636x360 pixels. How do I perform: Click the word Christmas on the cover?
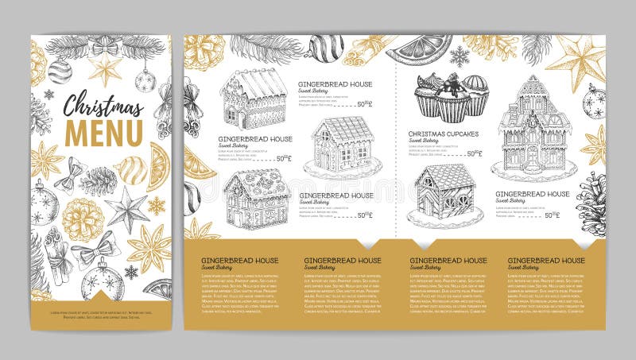(103, 106)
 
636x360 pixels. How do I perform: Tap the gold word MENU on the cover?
(103, 132)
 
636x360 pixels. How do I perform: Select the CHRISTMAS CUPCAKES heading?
(444, 134)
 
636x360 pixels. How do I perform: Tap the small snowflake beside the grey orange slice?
(460, 56)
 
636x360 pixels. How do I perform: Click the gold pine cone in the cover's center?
(83, 219)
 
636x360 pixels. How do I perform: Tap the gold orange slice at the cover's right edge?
(160, 166)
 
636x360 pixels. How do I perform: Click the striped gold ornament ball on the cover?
(130, 169)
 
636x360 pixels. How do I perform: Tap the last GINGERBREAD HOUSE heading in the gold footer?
(546, 261)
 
